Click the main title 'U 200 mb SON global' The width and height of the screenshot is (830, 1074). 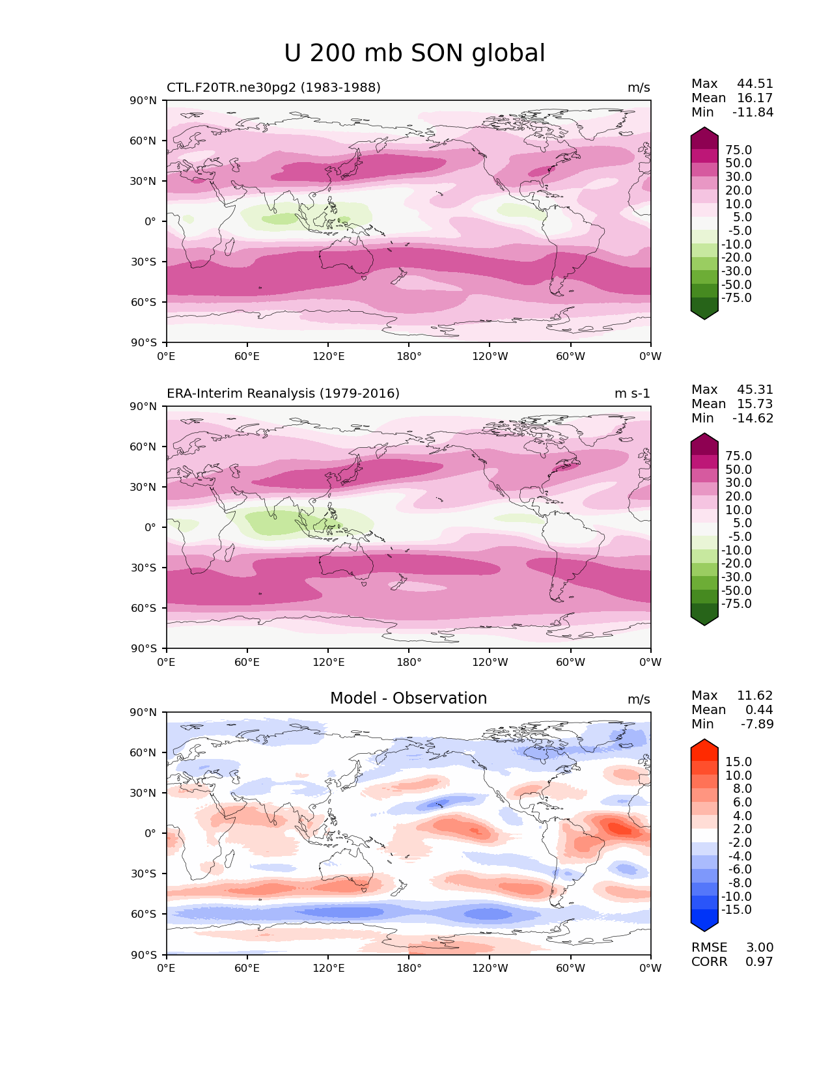(415, 53)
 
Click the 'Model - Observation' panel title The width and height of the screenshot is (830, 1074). (408, 698)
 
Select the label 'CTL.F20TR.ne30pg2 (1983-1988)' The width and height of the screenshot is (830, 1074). (273, 88)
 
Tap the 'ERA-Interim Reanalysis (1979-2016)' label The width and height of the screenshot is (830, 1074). (283, 394)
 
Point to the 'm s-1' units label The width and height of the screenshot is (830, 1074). (632, 394)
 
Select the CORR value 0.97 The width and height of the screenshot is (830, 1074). (759, 962)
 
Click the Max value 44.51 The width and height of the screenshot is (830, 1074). (754, 84)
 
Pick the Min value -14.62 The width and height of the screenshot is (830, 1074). (753, 419)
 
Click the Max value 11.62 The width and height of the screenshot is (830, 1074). (754, 696)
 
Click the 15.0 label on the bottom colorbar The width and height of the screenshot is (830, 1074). (738, 762)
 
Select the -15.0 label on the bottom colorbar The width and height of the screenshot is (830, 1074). (736, 910)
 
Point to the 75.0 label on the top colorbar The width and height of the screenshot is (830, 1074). (738, 150)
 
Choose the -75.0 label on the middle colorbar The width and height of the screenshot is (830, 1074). (736, 604)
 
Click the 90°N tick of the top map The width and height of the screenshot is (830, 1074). (144, 100)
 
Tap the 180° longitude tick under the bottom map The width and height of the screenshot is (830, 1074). (409, 969)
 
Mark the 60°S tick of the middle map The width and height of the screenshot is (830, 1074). (144, 608)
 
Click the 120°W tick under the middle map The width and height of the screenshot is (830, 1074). (490, 663)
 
